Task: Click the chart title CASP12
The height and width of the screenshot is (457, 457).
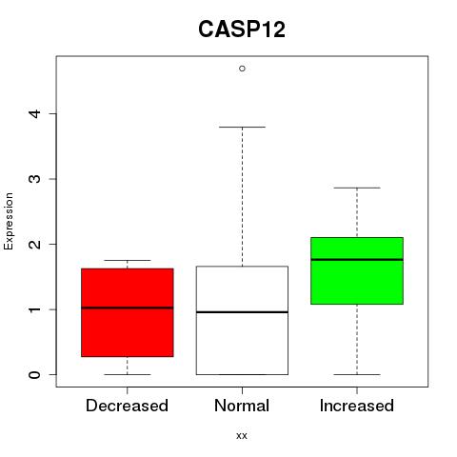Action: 242,30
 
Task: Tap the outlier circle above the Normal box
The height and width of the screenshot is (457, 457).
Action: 242,69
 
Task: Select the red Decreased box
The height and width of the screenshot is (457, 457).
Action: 128,312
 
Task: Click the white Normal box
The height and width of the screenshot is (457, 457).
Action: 242,321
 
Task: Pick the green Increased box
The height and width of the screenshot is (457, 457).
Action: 357,270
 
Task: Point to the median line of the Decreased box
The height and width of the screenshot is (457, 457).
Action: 128,308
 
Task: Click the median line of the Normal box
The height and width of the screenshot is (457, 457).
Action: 242,312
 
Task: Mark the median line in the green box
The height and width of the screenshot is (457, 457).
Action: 357,260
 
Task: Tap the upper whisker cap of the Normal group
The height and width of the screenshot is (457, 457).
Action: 242,127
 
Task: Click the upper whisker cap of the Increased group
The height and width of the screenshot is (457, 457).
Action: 357,188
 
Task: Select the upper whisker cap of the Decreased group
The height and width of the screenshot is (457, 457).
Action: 128,260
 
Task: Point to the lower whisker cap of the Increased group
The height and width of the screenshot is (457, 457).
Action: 357,374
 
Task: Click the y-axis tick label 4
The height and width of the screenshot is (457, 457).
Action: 35,114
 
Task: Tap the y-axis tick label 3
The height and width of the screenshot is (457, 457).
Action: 35,179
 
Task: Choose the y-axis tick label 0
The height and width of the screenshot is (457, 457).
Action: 35,374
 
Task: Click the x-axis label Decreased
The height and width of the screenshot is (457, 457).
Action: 127,406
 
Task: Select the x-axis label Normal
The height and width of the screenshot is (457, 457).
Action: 242,406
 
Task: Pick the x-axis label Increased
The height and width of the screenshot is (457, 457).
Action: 357,406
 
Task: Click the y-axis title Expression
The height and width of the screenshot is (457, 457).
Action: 9,221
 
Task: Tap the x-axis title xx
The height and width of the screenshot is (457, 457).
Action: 242,436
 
